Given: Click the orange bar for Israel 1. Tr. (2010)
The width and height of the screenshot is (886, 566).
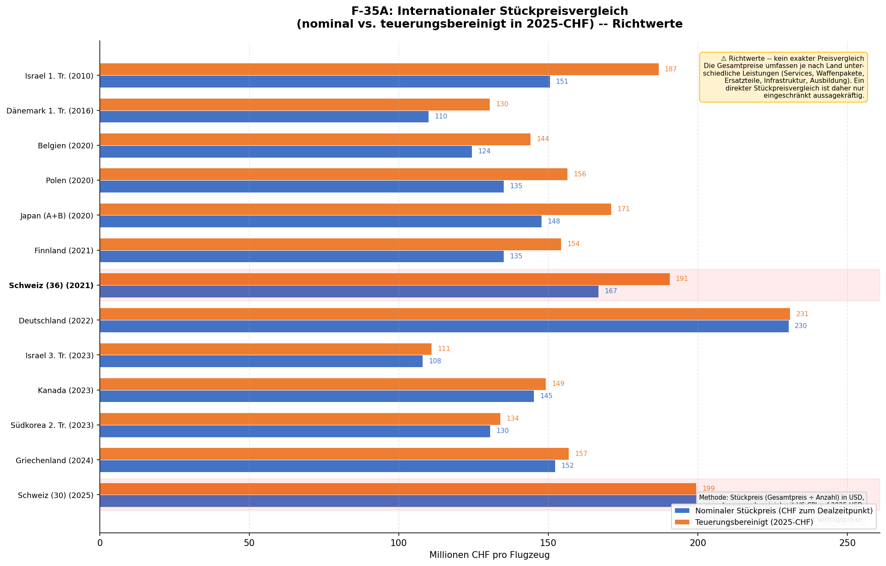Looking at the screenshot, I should pyautogui.click(x=379, y=69).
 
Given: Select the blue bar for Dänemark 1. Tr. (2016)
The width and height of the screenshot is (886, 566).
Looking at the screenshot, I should pyautogui.click(x=264, y=116).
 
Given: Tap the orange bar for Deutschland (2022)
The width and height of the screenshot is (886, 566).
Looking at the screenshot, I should pyautogui.click(x=445, y=314).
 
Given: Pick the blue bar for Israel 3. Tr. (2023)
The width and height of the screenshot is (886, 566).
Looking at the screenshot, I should pyautogui.click(x=261, y=361).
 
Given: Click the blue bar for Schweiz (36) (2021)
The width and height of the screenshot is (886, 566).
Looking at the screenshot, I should pyautogui.click(x=349, y=291).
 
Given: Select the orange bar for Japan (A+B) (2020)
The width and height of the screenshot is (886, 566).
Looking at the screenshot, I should pyautogui.click(x=355, y=209).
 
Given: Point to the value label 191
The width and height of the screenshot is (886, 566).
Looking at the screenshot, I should pyautogui.click(x=681, y=279).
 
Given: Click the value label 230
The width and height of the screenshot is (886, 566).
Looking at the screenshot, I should pyautogui.click(x=800, y=326).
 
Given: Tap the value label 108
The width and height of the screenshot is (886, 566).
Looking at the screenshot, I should pyautogui.click(x=435, y=361).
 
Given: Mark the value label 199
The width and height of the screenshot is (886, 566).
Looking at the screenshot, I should pyautogui.click(x=708, y=489).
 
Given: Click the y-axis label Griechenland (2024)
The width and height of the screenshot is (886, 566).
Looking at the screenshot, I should pyautogui.click(x=54, y=460).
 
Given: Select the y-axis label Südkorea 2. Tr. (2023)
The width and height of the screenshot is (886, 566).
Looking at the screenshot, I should pyautogui.click(x=52, y=425).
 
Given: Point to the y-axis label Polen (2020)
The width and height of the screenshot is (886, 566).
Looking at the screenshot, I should pyautogui.click(x=69, y=181).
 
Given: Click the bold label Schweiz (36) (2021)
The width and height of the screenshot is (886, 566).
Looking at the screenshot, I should pyautogui.click(x=51, y=286).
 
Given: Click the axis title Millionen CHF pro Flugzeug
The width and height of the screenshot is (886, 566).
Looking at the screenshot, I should pyautogui.click(x=489, y=555).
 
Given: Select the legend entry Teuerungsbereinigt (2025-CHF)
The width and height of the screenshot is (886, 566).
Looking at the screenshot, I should pyautogui.click(x=753, y=522).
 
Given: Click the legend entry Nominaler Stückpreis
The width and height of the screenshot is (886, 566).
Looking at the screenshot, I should pyautogui.click(x=783, y=510).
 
